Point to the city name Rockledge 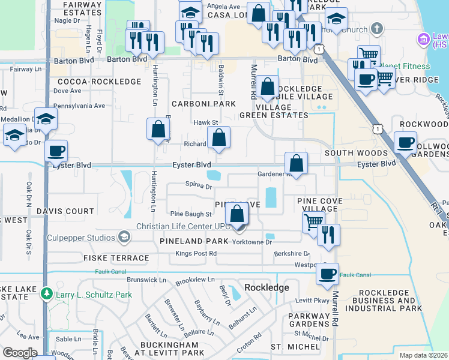tap(267, 287)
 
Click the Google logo tap(20, 353)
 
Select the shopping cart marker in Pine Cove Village tap(313, 221)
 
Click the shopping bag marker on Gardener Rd tap(297, 163)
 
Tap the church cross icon tap(376, 28)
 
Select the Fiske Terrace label tap(120, 258)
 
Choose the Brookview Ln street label tap(195, 280)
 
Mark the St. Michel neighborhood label tap(295, 347)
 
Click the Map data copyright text tap(423, 355)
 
